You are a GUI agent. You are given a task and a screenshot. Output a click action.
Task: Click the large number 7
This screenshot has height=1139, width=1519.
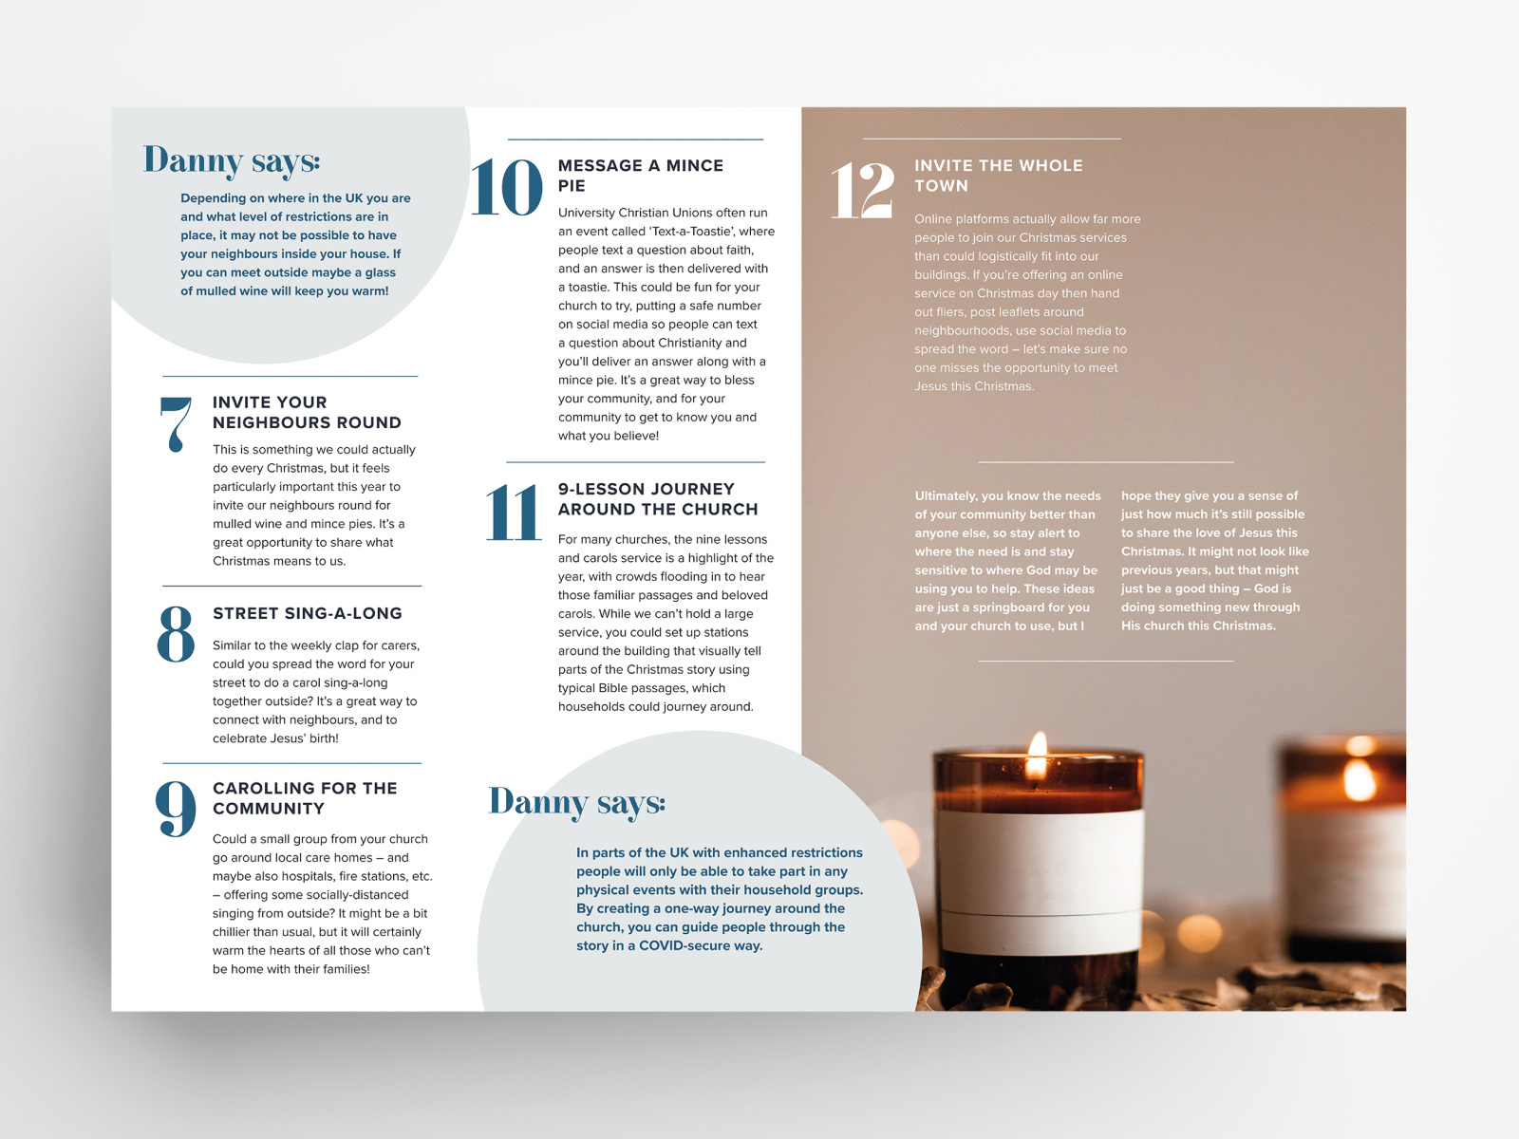point(176,423)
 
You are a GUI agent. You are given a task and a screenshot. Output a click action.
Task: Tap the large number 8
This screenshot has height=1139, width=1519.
point(176,633)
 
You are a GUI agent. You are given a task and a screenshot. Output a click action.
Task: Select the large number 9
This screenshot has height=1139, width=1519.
point(176,809)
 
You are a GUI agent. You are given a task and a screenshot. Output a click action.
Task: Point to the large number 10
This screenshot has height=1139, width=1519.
point(507,187)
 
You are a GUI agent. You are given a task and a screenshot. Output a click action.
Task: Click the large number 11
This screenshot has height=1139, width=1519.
point(513,513)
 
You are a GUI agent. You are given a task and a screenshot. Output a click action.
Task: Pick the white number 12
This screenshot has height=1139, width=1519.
point(862,190)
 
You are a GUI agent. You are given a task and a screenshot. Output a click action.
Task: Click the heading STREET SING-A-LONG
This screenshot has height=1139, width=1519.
point(308,613)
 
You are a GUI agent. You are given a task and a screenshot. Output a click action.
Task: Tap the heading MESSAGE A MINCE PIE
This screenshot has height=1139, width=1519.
point(641,176)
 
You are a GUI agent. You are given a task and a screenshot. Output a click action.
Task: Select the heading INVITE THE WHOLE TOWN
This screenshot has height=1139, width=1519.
point(998,176)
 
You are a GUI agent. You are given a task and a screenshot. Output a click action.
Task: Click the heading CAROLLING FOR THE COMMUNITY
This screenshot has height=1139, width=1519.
point(305,798)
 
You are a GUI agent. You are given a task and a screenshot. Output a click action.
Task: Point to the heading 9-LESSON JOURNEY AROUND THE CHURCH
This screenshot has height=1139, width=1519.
point(658,499)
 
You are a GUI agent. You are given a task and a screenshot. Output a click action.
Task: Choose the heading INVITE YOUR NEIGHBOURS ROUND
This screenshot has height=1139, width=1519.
point(307,412)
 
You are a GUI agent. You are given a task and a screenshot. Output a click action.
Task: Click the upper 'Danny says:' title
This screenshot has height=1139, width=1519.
point(232,161)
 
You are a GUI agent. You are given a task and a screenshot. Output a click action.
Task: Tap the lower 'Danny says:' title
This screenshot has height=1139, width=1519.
point(577,802)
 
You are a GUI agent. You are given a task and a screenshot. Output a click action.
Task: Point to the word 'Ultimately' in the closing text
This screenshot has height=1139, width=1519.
point(945,495)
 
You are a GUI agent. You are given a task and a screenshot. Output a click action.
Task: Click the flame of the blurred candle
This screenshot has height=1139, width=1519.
point(1360,778)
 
